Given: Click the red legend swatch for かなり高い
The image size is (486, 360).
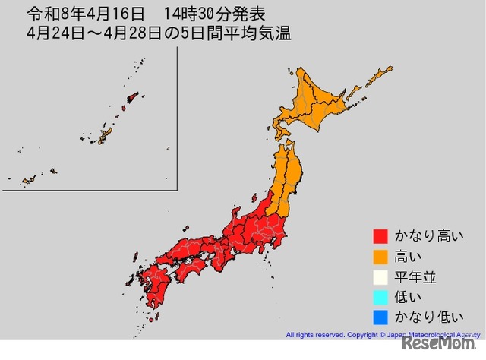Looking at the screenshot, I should coord(380,236).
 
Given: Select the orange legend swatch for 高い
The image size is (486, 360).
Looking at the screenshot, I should coord(380,257).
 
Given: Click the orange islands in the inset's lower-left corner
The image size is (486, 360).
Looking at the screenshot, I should coord(28,181).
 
